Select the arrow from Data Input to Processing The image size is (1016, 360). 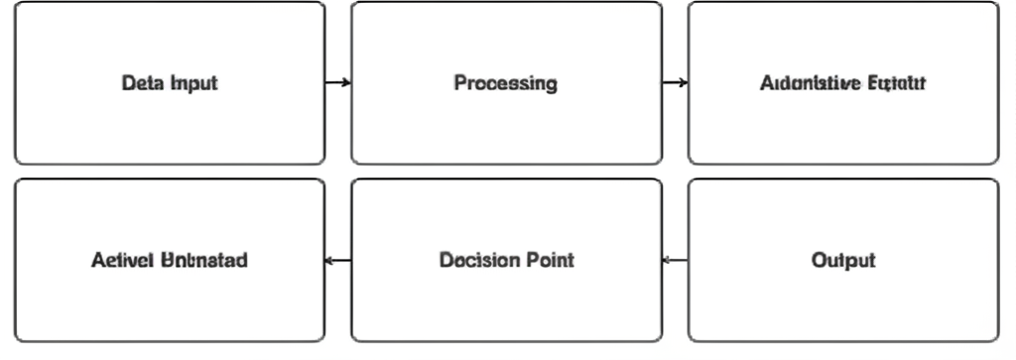[x=337, y=82]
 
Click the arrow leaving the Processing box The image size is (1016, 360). [x=675, y=82]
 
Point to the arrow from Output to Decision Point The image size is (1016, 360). [x=675, y=261]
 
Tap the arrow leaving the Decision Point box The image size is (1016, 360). [x=337, y=261]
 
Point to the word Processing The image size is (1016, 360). [x=506, y=83]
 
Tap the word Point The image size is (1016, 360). [x=550, y=261]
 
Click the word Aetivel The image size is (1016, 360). [x=121, y=261]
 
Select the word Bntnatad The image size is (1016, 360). [x=203, y=261]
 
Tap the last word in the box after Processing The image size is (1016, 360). [x=897, y=83]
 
